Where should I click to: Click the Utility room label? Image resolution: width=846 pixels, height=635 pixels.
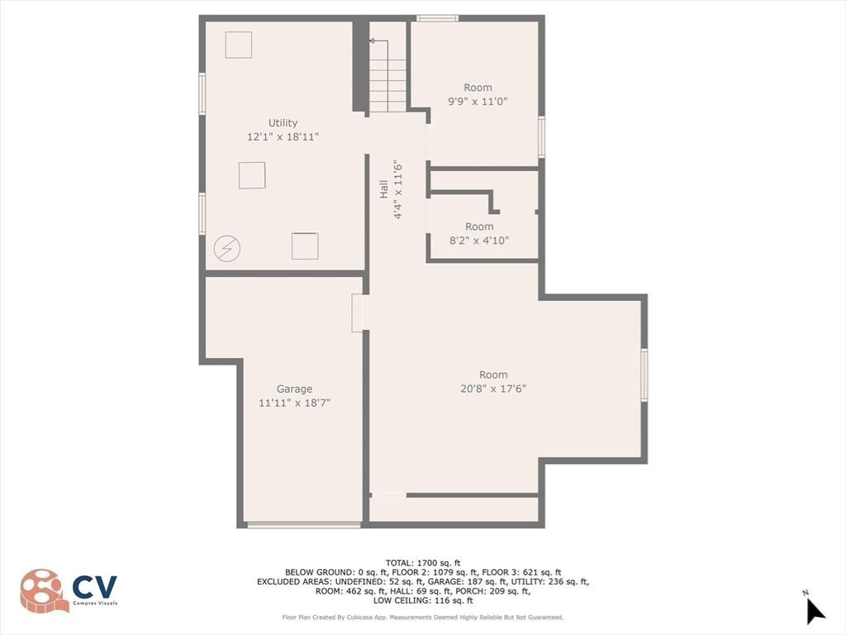[283, 123]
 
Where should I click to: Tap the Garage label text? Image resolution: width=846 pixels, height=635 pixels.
[294, 389]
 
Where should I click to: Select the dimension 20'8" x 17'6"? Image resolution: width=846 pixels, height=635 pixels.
[493, 388]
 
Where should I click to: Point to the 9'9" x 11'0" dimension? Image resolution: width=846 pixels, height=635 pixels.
[478, 101]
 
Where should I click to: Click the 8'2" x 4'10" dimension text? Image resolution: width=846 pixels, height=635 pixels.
[479, 240]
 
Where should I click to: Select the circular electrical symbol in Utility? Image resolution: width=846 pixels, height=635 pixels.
[226, 247]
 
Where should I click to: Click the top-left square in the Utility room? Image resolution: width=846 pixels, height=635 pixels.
[238, 45]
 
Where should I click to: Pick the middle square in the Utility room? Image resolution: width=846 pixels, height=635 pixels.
[252, 174]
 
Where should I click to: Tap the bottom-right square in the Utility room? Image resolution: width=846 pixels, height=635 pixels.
[305, 246]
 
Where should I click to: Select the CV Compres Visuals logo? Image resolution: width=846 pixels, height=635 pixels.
[69, 590]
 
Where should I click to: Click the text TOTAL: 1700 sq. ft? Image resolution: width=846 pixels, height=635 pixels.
[423, 562]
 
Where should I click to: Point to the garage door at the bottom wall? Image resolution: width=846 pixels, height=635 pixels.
[304, 524]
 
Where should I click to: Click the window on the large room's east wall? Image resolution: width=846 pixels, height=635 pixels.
[644, 375]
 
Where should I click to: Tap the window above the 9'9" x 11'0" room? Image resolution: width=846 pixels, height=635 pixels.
[437, 18]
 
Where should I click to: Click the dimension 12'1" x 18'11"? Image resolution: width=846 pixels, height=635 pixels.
[283, 136]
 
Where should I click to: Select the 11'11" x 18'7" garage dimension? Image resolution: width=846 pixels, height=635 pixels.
[294, 402]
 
